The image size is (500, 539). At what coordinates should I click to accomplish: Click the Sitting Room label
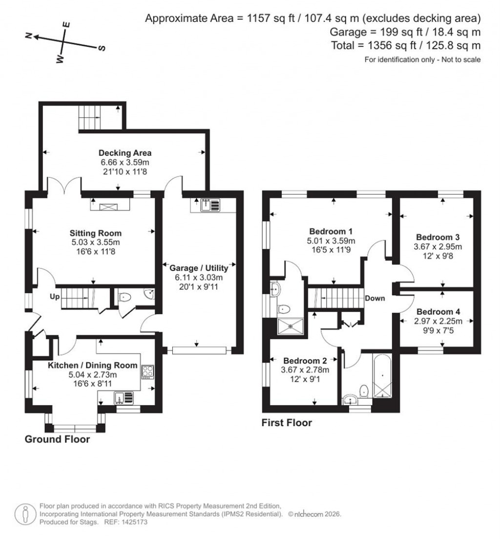(95, 233)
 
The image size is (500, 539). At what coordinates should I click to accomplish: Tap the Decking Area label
(125, 152)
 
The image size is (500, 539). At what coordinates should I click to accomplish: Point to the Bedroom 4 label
(438, 311)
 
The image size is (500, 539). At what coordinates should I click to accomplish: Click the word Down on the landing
(375, 298)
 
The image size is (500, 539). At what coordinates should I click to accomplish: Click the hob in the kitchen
(147, 372)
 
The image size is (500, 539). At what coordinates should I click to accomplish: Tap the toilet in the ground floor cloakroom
(125, 296)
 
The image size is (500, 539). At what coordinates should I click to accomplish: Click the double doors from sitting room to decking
(64, 187)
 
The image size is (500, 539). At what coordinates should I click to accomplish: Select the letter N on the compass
(29, 36)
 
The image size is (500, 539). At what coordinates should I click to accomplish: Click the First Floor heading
(286, 423)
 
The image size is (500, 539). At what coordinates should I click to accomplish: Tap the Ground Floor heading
(57, 439)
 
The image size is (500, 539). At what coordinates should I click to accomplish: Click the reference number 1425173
(132, 522)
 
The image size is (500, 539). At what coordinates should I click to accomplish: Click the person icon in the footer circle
(24, 514)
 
